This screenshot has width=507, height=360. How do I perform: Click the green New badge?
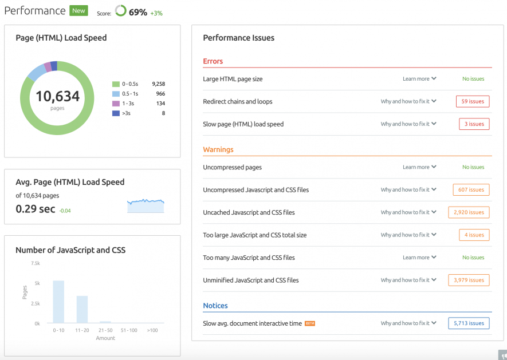[78, 10]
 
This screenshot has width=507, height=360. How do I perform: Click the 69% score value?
[137, 12]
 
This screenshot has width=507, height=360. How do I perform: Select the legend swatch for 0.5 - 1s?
[116, 94]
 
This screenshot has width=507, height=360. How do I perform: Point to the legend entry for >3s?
[126, 113]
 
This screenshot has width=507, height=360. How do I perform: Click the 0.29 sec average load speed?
[36, 209]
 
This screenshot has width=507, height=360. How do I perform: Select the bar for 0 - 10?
[58, 302]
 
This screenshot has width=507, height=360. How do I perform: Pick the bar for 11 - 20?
[82, 309]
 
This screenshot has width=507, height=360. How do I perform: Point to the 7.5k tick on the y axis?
[35, 263]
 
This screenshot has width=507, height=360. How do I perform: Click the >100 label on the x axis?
[152, 330]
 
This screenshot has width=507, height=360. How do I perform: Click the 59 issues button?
[473, 101]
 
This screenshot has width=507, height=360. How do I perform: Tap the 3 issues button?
[474, 124]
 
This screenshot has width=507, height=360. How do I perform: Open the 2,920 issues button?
[469, 212]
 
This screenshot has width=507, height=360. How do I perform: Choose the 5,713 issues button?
[469, 323]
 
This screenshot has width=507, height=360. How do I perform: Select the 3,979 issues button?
[469, 280]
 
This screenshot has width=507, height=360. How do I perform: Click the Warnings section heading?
[218, 149]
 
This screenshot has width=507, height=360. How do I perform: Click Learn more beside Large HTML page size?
[419, 79]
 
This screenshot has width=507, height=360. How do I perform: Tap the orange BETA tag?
[310, 323]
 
